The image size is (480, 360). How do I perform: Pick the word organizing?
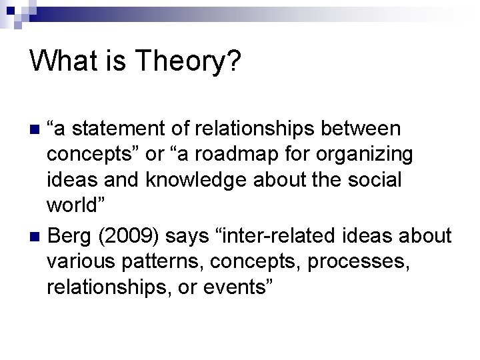368,154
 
